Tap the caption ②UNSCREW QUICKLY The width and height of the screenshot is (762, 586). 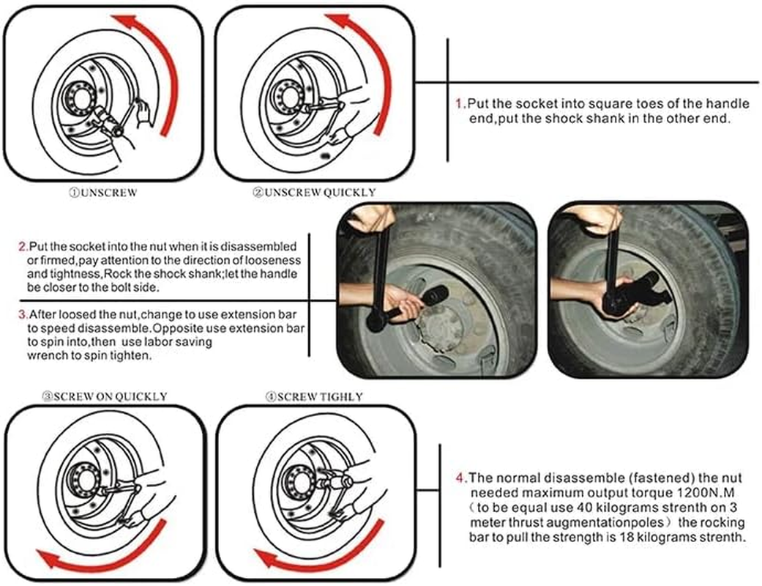click(314, 193)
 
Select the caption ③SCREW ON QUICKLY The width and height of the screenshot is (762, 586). click(105, 396)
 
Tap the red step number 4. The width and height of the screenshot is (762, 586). click(460, 478)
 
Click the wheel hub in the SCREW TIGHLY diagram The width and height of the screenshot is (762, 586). click(301, 481)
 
